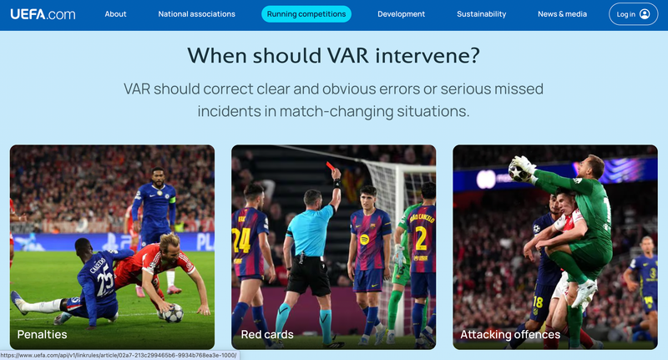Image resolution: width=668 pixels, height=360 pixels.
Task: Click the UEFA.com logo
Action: click(43, 14)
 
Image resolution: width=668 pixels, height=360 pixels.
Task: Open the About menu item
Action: click(115, 14)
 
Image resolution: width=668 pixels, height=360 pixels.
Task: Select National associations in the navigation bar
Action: click(196, 14)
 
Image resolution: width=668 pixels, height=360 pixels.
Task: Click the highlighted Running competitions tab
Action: click(306, 14)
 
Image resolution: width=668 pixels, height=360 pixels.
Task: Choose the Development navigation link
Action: click(401, 14)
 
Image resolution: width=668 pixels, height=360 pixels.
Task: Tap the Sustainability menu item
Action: click(482, 14)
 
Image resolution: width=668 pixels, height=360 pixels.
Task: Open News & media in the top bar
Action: click(562, 14)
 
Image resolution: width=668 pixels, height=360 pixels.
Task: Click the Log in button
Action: click(633, 14)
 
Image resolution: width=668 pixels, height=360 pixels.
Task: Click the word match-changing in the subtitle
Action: click(337, 111)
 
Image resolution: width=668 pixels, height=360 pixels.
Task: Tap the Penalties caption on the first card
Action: click(43, 334)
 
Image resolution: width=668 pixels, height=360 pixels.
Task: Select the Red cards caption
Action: click(267, 334)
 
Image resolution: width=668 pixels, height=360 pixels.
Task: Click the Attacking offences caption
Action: click(510, 334)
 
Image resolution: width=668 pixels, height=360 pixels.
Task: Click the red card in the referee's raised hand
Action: click(330, 165)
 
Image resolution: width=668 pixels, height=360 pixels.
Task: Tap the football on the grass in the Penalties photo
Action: click(173, 313)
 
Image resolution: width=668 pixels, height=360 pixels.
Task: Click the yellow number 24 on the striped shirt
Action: click(240, 240)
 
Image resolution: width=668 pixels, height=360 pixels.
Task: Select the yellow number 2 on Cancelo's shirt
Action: click(421, 238)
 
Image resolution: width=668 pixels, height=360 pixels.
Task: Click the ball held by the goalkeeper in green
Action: click(519, 171)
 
